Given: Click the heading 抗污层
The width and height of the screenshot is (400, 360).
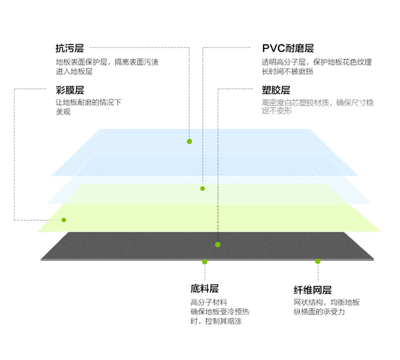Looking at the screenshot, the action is [70, 48].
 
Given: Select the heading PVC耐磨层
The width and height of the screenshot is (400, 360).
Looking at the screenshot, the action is [288, 48].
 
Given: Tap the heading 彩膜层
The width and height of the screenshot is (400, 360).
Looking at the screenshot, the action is [70, 90].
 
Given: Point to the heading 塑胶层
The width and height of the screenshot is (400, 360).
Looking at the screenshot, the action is [276, 90].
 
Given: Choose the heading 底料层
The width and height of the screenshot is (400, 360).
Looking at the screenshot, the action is [205, 289].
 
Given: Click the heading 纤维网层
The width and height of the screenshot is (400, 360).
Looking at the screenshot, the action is [313, 290].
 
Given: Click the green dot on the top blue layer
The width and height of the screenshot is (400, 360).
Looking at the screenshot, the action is [189, 141].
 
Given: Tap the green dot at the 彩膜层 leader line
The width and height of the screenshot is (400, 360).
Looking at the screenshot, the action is [64, 220].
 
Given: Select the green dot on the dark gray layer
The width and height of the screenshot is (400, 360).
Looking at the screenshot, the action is [218, 245].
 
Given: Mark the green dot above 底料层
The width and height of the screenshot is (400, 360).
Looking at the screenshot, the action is [205, 262].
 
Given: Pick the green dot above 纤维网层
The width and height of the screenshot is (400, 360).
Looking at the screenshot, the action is [318, 261].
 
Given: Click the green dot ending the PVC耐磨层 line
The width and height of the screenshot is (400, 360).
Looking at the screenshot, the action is [203, 189].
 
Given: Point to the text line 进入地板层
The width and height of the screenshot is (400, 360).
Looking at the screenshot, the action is [74, 71].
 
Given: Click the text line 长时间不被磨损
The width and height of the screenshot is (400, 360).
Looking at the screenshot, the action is [287, 71].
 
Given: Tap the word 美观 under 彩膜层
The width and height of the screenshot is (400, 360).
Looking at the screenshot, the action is [63, 111].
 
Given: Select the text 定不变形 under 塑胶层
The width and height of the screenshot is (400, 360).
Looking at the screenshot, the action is [277, 111].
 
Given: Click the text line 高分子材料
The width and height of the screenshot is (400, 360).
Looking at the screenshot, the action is [209, 302].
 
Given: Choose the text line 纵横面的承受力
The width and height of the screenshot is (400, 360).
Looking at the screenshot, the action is [319, 311].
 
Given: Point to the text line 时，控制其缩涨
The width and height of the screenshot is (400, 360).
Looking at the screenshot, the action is [216, 321].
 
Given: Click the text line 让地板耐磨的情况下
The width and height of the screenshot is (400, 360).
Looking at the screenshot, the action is [89, 102].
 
